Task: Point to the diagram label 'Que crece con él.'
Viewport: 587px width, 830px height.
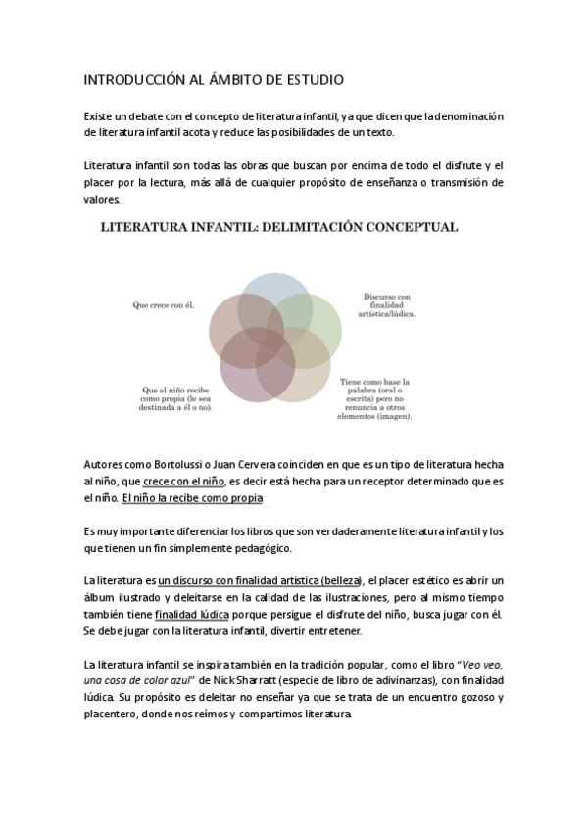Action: (x=164, y=304)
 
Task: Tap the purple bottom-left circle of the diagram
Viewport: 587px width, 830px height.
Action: (x=257, y=367)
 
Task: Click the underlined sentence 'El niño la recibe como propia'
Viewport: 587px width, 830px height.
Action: (x=192, y=498)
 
